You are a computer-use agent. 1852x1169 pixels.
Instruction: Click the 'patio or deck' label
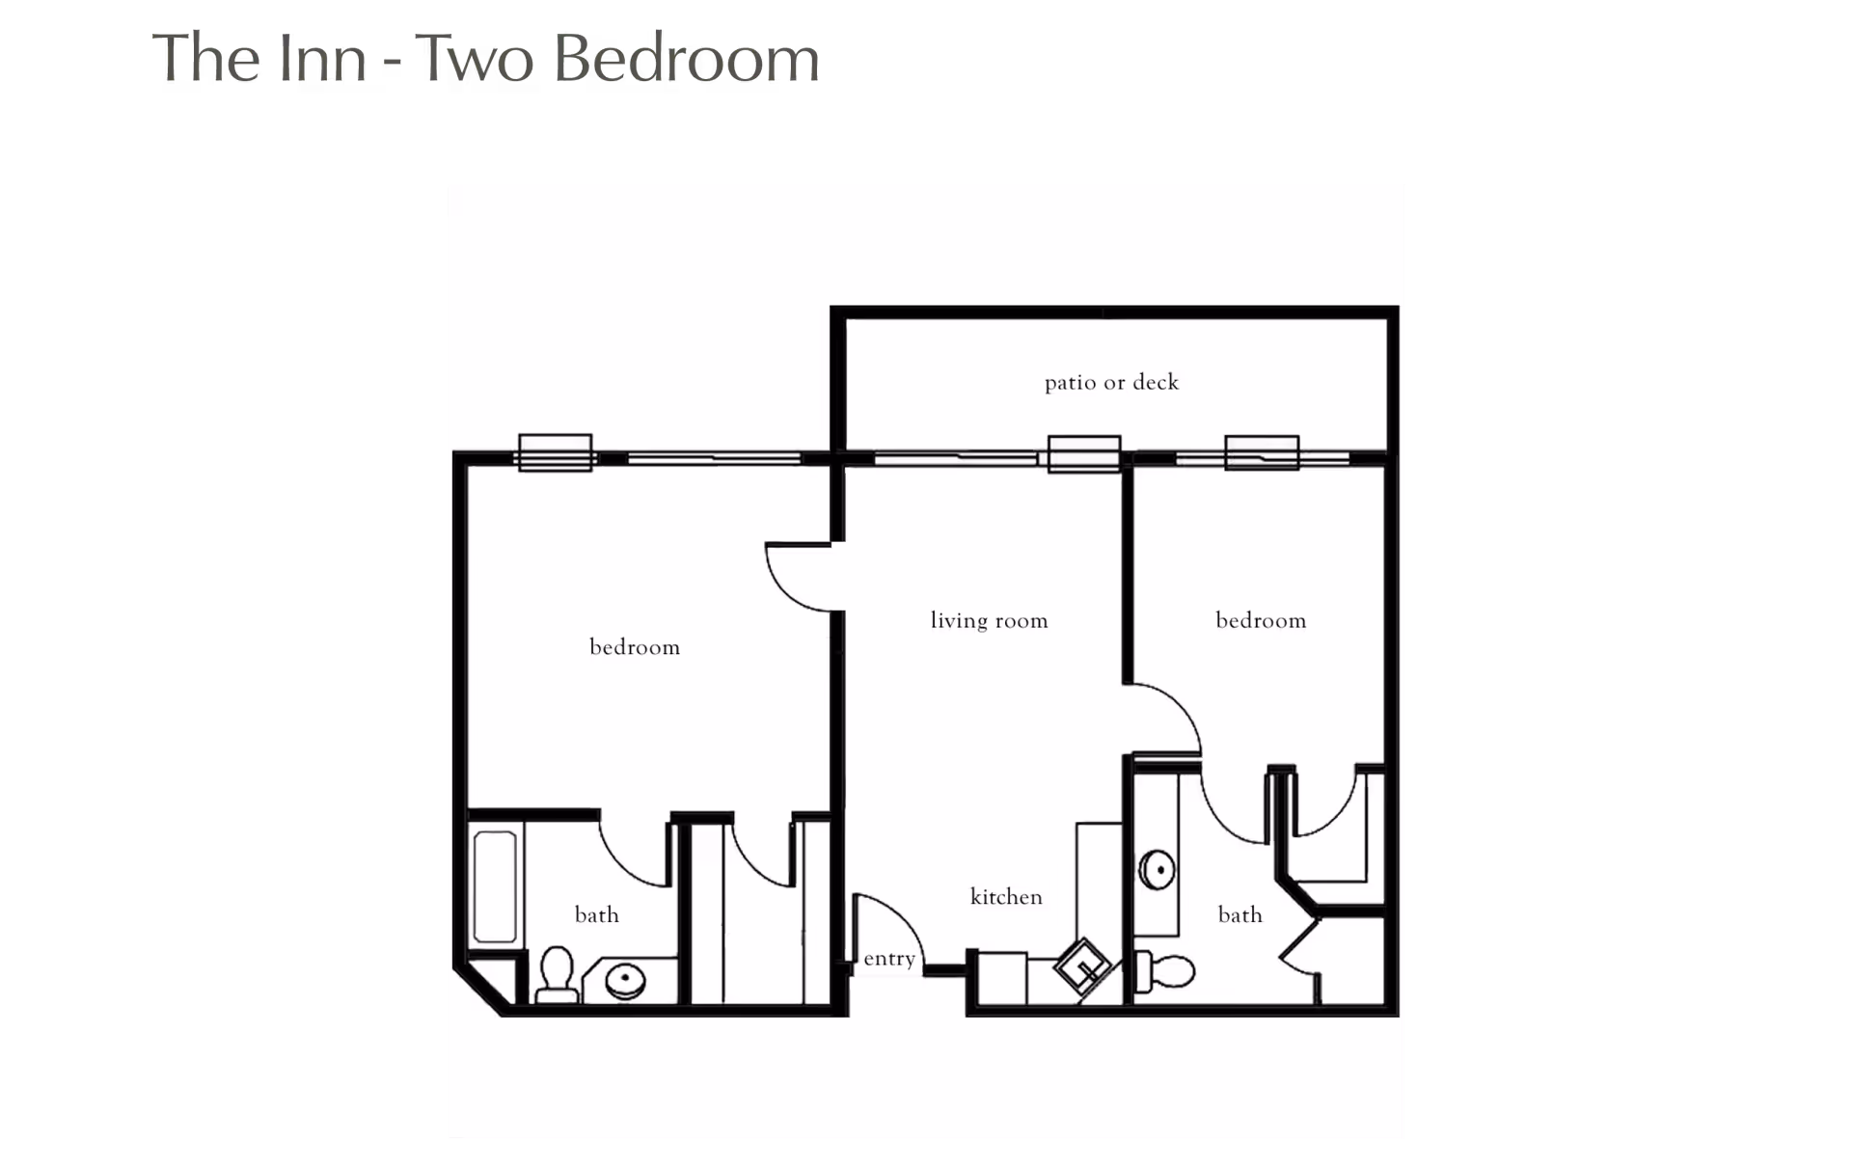click(x=1111, y=383)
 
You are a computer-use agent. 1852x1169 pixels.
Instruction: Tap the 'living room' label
click(x=989, y=620)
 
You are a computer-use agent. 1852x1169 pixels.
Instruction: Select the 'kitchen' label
click(x=1006, y=897)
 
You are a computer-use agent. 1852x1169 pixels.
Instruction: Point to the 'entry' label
click(x=888, y=959)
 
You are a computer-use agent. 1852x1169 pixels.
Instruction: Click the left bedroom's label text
click(x=635, y=647)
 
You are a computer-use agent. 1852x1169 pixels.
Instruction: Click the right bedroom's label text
click(x=1261, y=620)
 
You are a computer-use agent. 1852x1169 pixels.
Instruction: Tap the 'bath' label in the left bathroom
click(x=596, y=914)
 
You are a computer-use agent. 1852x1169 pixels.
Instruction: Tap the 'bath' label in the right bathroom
click(x=1239, y=914)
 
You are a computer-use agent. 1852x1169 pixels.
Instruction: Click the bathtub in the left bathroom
click(x=495, y=886)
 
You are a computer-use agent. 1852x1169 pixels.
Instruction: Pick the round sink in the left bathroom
click(x=625, y=981)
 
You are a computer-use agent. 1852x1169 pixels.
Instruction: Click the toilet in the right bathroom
click(x=1167, y=971)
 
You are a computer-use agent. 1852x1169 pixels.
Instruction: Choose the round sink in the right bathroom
click(x=1157, y=870)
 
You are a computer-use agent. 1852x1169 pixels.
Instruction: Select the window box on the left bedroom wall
click(x=555, y=452)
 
